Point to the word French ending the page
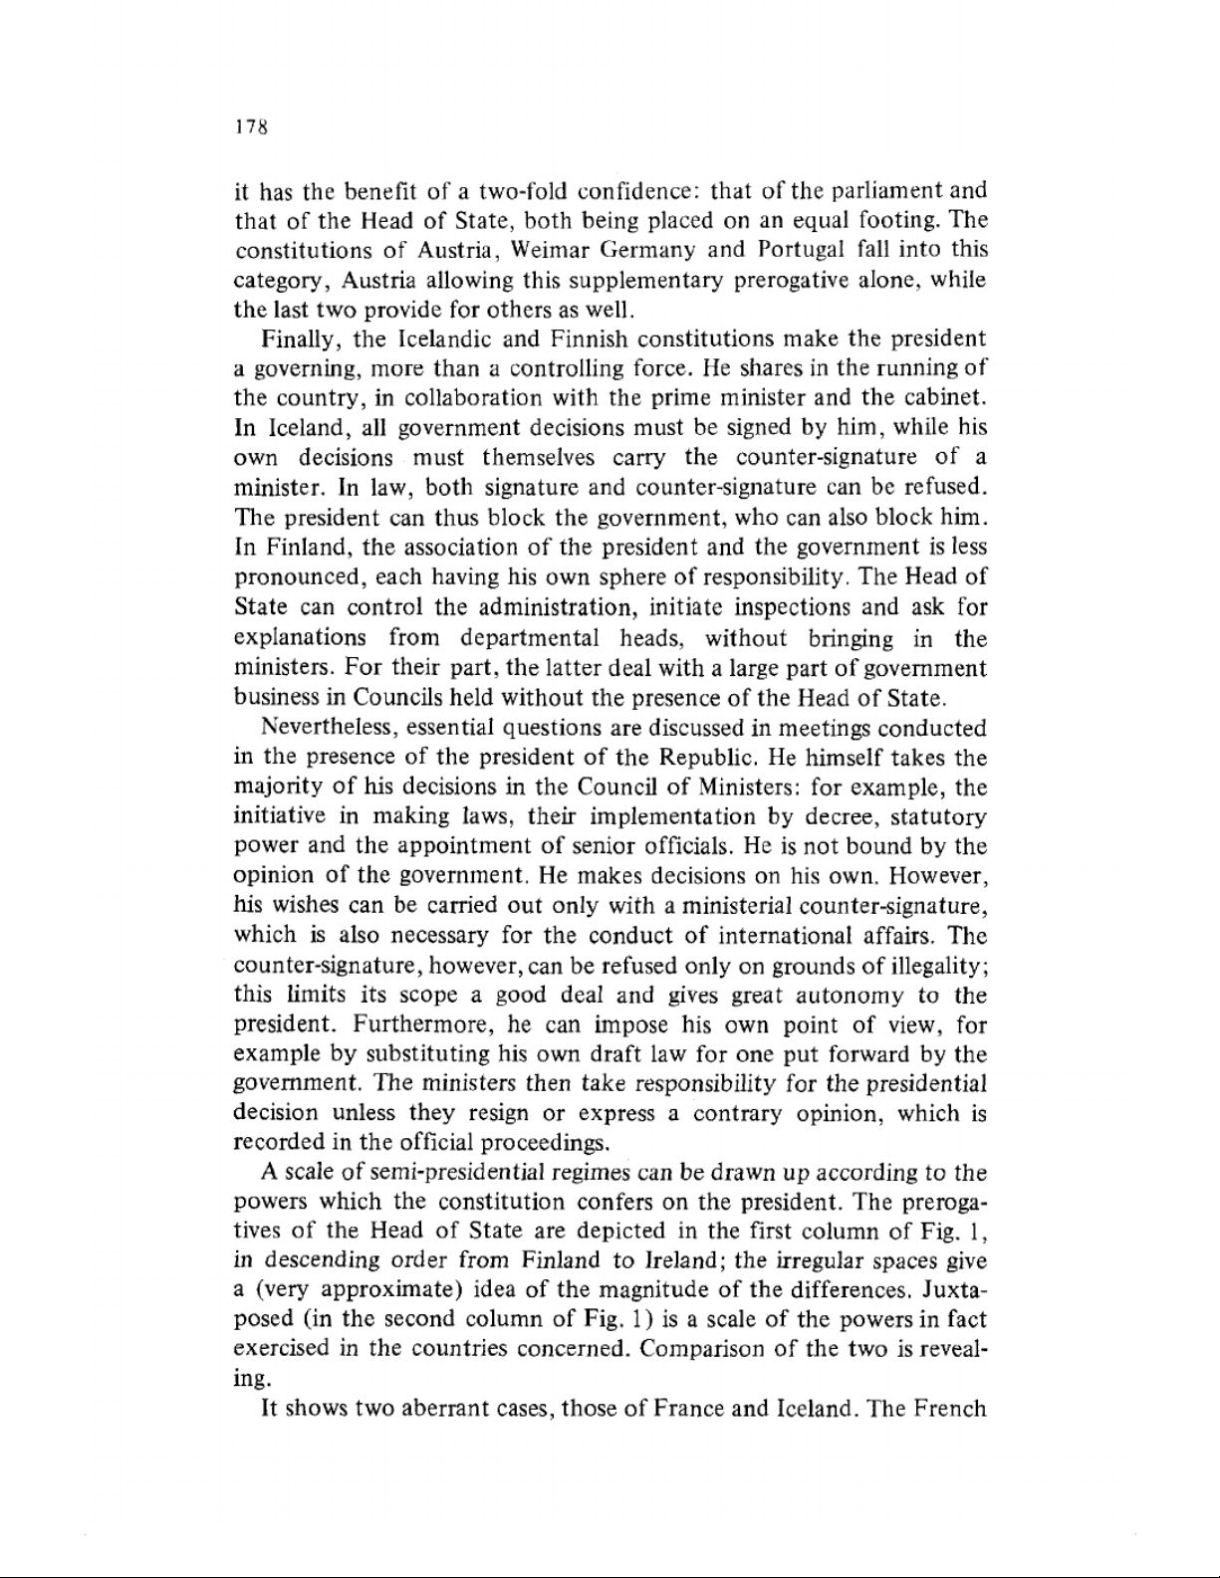pyautogui.click(x=947, y=1409)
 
